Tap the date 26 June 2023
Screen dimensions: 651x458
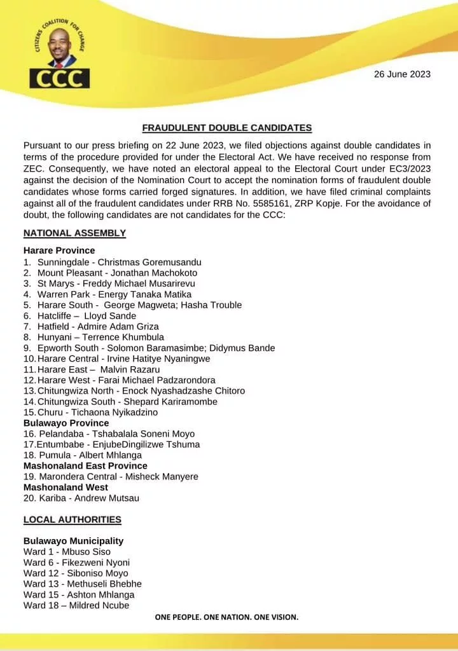point(402,74)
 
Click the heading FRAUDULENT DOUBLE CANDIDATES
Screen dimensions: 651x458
point(226,128)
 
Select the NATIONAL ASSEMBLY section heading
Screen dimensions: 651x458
point(74,233)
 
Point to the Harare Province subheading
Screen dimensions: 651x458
point(59,250)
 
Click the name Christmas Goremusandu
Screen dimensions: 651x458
point(149,262)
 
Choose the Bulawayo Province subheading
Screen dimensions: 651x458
point(66,423)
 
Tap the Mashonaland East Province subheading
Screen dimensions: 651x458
point(85,466)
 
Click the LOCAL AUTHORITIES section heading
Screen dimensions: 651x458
point(72,519)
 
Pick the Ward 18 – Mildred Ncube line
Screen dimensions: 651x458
point(76,605)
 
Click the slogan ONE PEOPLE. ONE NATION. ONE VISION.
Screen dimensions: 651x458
point(226,617)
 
